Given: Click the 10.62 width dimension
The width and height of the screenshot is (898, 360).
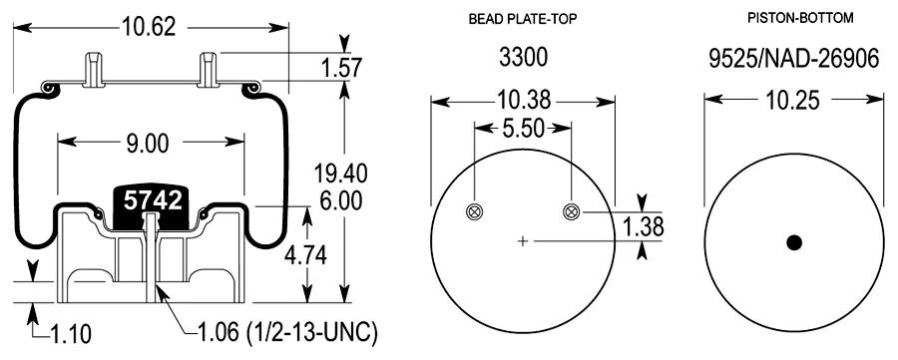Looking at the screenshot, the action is (x=149, y=26).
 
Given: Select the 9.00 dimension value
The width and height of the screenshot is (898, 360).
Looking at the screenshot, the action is (x=147, y=143).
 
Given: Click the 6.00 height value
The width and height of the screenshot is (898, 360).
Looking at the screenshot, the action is (x=341, y=200).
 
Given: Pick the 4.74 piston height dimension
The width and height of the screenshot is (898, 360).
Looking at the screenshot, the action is (x=306, y=255).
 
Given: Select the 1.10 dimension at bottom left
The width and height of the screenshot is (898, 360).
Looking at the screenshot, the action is (x=70, y=334).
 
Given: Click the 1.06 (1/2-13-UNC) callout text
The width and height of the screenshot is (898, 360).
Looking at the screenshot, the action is (x=287, y=333).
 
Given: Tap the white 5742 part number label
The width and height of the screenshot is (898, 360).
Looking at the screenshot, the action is (x=154, y=200).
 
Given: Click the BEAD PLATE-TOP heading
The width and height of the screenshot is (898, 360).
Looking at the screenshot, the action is (x=522, y=19).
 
